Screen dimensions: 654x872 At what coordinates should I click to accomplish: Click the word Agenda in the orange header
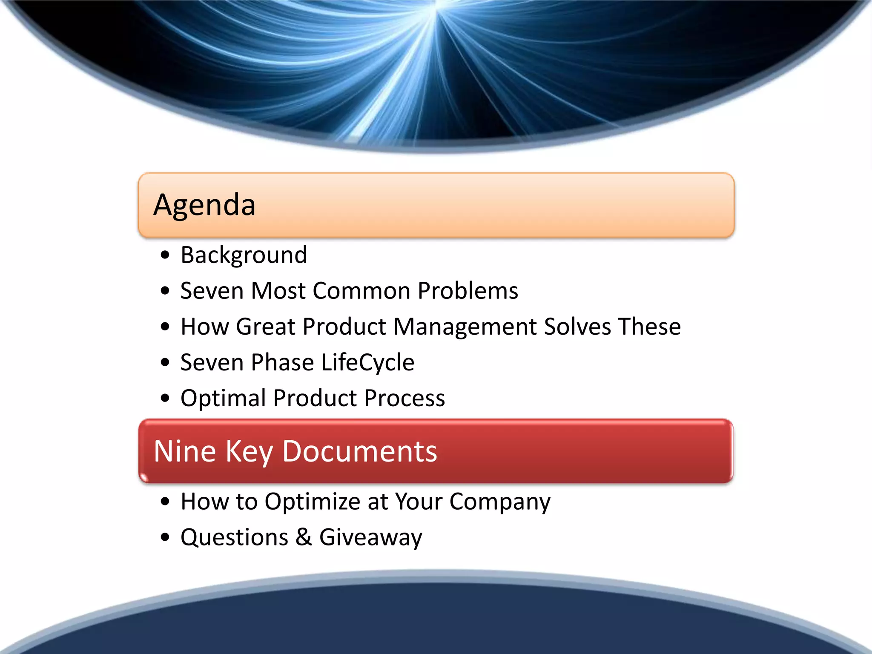[x=204, y=205]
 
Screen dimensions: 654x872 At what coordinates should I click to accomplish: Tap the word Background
[x=244, y=255]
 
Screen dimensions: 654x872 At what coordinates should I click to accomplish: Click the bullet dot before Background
[x=165, y=255]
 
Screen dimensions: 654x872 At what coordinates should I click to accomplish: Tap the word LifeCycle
[x=367, y=363]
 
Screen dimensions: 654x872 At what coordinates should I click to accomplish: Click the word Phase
[x=282, y=363]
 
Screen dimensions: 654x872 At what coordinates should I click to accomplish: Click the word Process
[x=404, y=398]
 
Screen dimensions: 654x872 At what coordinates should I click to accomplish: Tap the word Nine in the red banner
[x=184, y=451]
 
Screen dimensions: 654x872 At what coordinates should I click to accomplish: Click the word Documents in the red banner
[x=360, y=451]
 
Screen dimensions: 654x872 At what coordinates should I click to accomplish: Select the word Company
[x=500, y=502]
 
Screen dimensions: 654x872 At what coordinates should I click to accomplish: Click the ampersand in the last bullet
[x=304, y=537]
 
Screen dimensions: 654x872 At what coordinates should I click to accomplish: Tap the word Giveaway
[x=370, y=537]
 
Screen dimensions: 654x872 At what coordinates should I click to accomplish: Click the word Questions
[x=234, y=537]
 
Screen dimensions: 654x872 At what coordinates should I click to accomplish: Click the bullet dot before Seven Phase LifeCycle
[x=165, y=363]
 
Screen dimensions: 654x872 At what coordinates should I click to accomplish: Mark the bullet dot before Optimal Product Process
[x=165, y=399]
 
